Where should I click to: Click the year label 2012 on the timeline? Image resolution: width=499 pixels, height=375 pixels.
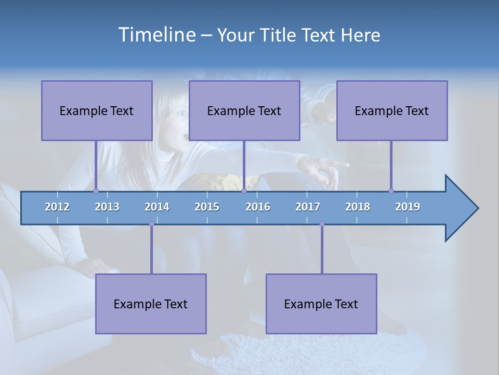click(57, 207)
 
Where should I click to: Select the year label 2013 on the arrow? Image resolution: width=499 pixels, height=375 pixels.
click(107, 207)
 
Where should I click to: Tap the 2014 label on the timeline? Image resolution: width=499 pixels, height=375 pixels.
click(157, 207)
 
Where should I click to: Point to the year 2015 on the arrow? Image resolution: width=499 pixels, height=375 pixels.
click(207, 207)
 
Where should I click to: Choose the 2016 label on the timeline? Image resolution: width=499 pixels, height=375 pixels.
click(258, 207)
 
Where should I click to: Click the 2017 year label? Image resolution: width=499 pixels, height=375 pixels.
click(308, 207)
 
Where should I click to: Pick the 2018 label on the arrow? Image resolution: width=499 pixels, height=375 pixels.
click(358, 207)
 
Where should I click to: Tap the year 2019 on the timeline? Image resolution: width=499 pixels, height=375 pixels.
click(408, 207)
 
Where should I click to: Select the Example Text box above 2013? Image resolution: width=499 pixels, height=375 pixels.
click(97, 110)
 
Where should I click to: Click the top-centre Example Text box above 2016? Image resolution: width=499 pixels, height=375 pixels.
click(244, 110)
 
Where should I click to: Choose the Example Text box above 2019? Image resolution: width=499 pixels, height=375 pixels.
click(392, 110)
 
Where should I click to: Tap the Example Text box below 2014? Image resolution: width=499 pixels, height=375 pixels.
click(151, 304)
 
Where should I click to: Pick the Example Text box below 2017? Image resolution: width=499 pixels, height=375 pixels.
click(321, 304)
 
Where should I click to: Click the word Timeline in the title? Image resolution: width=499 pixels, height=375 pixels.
click(156, 34)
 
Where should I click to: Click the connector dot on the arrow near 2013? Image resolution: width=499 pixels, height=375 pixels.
click(96, 191)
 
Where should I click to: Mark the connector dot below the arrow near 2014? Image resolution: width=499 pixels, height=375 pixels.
click(151, 224)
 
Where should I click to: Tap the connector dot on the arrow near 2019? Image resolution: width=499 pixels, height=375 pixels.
click(391, 191)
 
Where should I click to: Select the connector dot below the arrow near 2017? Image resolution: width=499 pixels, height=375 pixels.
click(322, 224)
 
